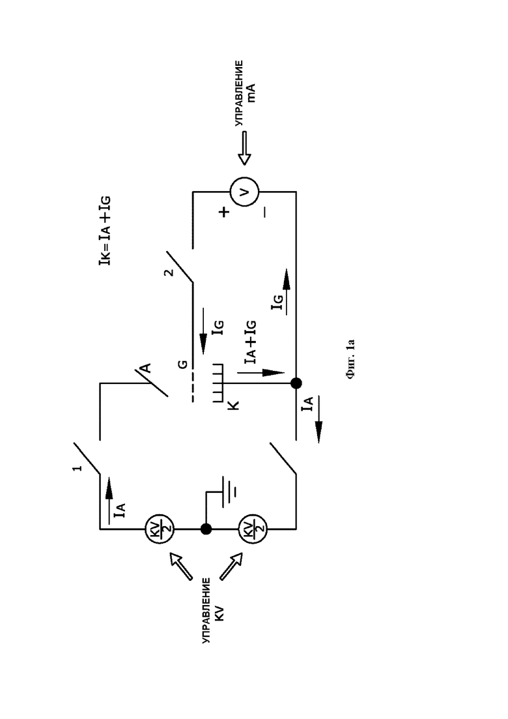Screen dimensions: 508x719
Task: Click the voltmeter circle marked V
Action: click(244, 192)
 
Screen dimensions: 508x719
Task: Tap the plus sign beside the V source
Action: click(224, 213)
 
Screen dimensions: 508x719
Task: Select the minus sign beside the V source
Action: click(265, 213)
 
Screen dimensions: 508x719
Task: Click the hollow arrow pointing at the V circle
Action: click(244, 148)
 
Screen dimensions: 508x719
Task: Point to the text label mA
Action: click(251, 92)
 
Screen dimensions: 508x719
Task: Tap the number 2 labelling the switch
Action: click(169, 272)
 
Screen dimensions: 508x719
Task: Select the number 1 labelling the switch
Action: click(78, 468)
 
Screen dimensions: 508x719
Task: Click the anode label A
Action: click(145, 368)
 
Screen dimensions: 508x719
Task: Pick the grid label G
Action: click(182, 364)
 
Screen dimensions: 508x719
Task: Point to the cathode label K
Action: click(233, 405)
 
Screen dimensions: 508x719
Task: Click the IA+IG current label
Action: click(250, 342)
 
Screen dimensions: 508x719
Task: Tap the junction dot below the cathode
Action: click(296, 383)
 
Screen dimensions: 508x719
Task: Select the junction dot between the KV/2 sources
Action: click(206, 529)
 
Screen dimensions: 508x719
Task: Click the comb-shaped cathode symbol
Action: click(218, 383)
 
